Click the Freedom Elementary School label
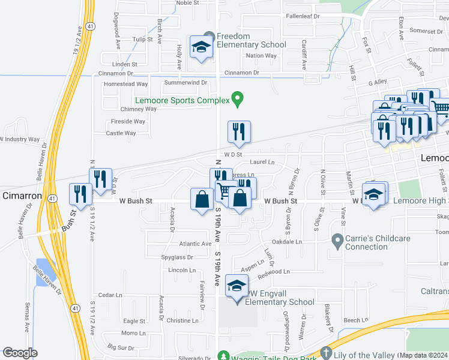pyautogui.click(x=251, y=40)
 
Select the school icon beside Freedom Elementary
pyautogui.click(x=201, y=47)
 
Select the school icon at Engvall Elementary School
pyautogui.click(x=237, y=286)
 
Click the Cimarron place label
pyautogui.click(x=22, y=196)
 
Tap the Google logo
pyautogui.click(x=19, y=353)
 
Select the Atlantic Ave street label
pyautogui.click(x=195, y=244)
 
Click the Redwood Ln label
pyautogui.click(x=273, y=272)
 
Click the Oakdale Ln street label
pyautogui.click(x=286, y=242)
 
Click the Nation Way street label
pyautogui.click(x=261, y=56)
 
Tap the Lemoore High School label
pyautogui.click(x=420, y=200)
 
